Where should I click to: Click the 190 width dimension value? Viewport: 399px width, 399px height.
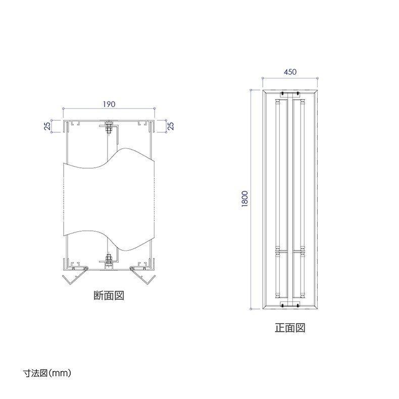(109, 104)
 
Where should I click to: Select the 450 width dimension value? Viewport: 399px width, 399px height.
(289, 72)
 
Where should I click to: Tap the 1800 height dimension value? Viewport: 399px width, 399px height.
(245, 198)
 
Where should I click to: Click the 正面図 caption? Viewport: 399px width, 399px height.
(290, 327)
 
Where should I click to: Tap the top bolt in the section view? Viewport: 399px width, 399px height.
(108, 128)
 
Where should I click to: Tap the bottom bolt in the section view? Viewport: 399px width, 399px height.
(108, 261)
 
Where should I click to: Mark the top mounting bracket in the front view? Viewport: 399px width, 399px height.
(290, 94)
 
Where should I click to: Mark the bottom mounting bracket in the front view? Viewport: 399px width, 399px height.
(290, 305)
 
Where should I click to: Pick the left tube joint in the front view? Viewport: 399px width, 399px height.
(278, 250)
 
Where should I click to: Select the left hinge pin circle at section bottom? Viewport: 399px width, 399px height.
(86, 268)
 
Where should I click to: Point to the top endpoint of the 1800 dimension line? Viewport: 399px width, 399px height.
(252, 89)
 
